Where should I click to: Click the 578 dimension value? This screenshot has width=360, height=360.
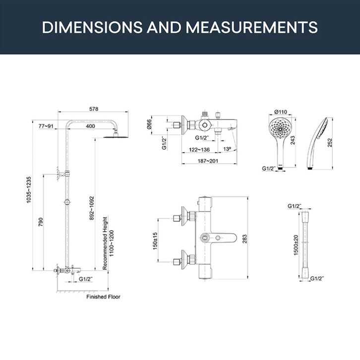(93, 109)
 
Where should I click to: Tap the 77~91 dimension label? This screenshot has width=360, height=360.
(46, 126)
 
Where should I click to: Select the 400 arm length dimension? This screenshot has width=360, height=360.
(90, 126)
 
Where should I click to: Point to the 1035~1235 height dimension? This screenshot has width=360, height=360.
(29, 189)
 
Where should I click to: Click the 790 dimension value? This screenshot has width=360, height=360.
(41, 222)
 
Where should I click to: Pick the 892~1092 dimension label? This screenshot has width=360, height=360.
(92, 208)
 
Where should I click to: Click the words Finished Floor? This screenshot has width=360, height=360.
(103, 297)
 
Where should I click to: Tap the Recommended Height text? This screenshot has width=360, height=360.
(105, 243)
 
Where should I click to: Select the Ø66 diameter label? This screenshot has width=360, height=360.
(149, 124)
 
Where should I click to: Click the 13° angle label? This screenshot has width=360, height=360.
(227, 149)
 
